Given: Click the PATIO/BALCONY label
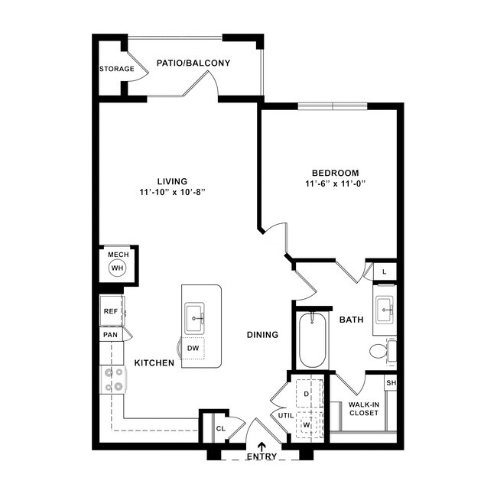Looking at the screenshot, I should pos(193,63).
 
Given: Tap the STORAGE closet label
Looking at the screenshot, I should pos(116,69).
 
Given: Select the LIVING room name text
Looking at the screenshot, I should pos(172,181).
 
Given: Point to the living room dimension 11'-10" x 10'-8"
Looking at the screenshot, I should pos(172,192).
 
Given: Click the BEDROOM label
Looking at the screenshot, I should pos(335,173).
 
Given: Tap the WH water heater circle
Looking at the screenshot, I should pos(117,268).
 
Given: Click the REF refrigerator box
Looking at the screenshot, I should pos(109,311).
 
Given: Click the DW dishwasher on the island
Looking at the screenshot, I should pos(193,348).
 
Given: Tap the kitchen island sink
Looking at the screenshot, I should pos(195,317).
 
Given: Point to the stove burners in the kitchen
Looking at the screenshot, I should pos(113,379).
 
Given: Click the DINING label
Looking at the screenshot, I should pos(261,335).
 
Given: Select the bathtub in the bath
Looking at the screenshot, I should pos(312,340).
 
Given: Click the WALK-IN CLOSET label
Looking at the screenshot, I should pos(363,408).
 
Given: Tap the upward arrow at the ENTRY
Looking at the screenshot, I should pos(261,447).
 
